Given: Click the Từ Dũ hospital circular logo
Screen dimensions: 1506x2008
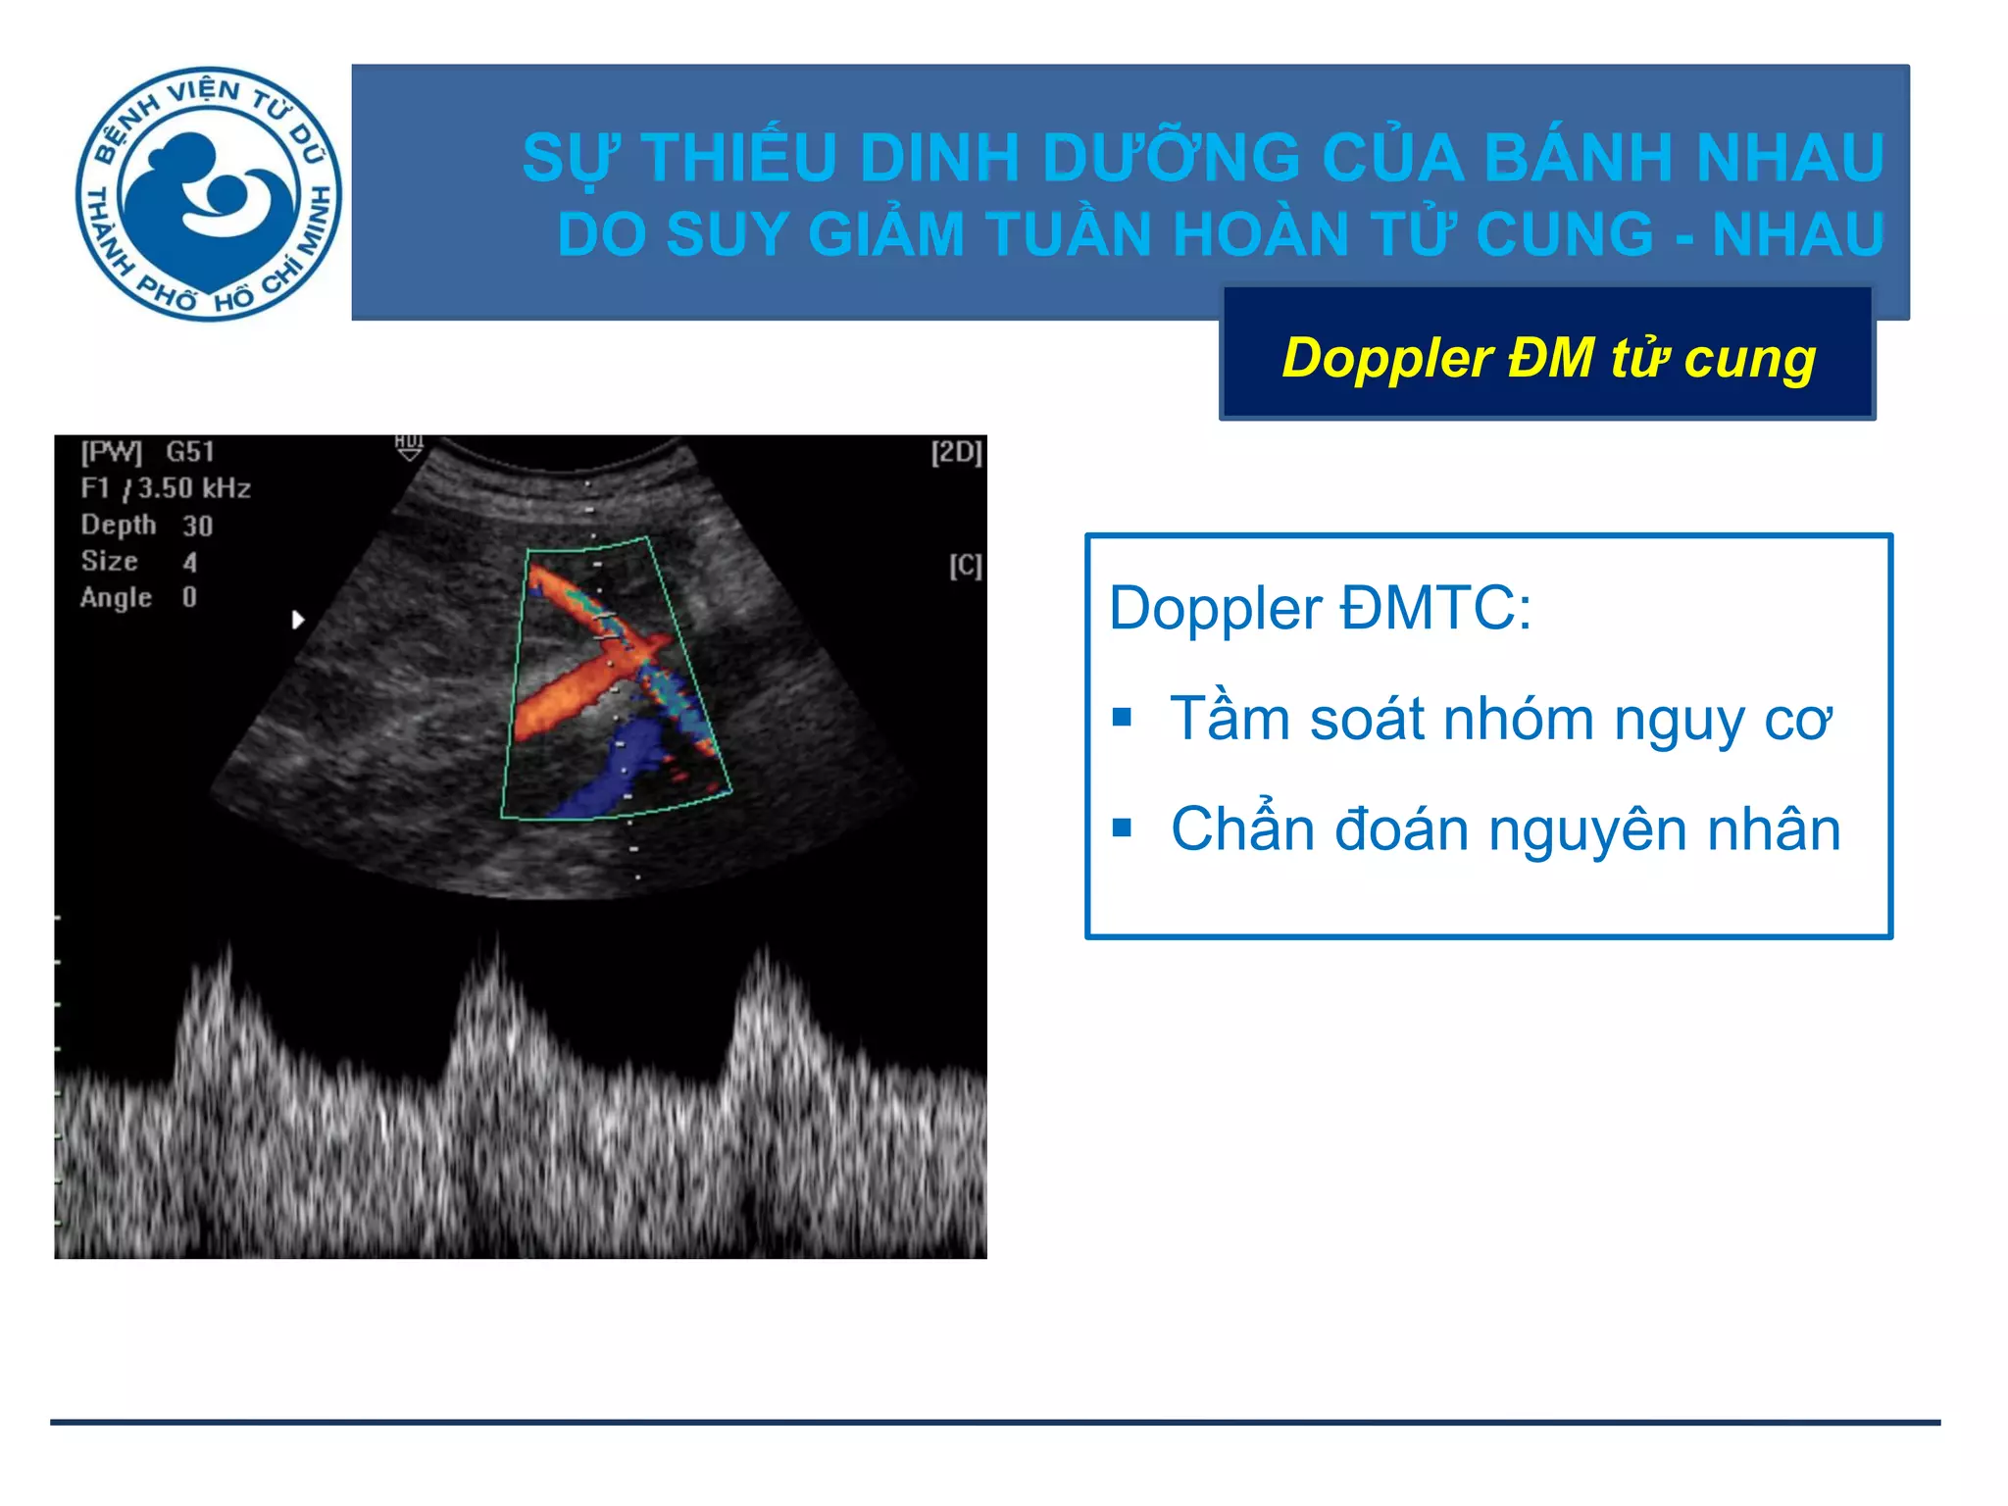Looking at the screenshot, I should [x=209, y=193].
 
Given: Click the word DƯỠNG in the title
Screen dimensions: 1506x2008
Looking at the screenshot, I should [x=1170, y=158].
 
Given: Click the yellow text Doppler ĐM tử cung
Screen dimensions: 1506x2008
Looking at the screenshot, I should [x=1548, y=358].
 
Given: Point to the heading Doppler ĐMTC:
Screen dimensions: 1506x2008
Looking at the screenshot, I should [x=1320, y=609].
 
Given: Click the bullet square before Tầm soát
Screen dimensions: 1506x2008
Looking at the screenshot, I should [x=1123, y=719].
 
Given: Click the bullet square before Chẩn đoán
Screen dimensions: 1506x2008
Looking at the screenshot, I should [x=1123, y=829].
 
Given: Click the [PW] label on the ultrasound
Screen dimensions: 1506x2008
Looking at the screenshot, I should [x=111, y=452].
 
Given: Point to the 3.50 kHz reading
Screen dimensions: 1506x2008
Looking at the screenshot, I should [x=194, y=488].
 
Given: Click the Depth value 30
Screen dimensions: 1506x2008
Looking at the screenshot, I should [x=197, y=527].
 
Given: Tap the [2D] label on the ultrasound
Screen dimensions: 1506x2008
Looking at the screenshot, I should [x=956, y=452].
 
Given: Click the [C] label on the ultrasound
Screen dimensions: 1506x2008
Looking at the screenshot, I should [x=965, y=566].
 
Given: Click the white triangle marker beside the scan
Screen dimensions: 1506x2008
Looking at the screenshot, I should [x=298, y=620].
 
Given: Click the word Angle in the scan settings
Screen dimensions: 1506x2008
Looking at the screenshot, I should [x=116, y=598].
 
